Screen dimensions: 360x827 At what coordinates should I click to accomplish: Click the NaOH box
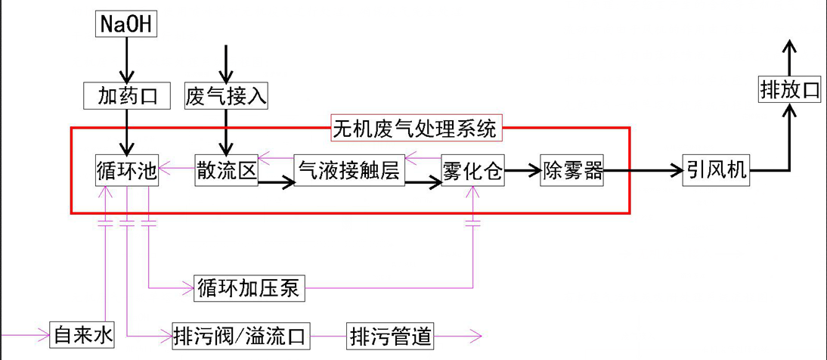[126, 25]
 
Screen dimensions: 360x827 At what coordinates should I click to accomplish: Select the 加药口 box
[126, 95]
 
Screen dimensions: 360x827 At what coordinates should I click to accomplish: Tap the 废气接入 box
[226, 95]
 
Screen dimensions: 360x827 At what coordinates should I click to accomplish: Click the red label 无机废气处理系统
[417, 128]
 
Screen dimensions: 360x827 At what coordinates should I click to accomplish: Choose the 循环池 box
[127, 169]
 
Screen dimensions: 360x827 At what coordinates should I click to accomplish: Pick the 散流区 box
[226, 169]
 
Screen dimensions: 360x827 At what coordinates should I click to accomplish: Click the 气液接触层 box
[348, 171]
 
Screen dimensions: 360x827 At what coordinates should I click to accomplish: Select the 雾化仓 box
[473, 171]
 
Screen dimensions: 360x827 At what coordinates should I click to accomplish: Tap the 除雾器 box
[572, 171]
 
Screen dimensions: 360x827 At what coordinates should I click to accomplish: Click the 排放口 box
[789, 91]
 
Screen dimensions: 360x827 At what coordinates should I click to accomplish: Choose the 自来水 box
[82, 334]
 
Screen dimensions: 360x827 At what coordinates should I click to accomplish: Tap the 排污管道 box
[391, 334]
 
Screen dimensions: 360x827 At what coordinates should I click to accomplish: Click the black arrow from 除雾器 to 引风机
[643, 171]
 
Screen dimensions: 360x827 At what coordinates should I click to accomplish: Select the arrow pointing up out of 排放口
[789, 57]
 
